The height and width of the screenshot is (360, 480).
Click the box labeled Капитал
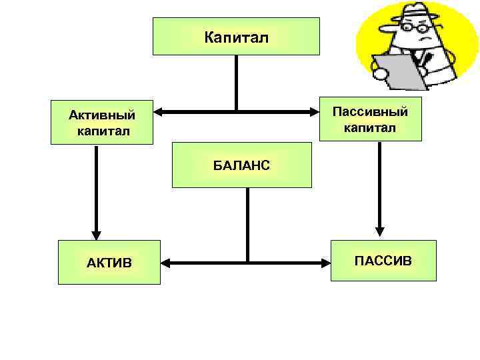point(236,36)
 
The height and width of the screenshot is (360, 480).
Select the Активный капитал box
point(101,122)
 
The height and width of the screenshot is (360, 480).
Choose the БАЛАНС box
point(241,165)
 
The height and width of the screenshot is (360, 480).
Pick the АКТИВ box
point(109,262)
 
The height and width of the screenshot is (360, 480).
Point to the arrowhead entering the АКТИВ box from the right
point(167,263)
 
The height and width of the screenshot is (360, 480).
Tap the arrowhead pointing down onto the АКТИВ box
point(97,234)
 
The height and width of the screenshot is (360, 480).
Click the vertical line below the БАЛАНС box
point(247,223)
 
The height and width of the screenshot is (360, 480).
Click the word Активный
point(101,115)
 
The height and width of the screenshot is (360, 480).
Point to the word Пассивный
point(370,111)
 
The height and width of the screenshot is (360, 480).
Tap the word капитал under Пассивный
point(370,127)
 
